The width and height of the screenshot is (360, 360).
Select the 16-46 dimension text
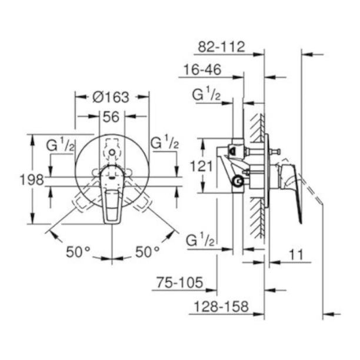pos(201,69)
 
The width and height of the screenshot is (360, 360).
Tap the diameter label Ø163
pos(112,96)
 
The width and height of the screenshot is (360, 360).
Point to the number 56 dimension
pos(112,116)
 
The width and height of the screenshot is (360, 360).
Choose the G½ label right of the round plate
pos(165,142)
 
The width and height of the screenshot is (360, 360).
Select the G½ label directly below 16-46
pos(206,95)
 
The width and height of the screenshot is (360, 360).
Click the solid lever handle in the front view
pos(111,200)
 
